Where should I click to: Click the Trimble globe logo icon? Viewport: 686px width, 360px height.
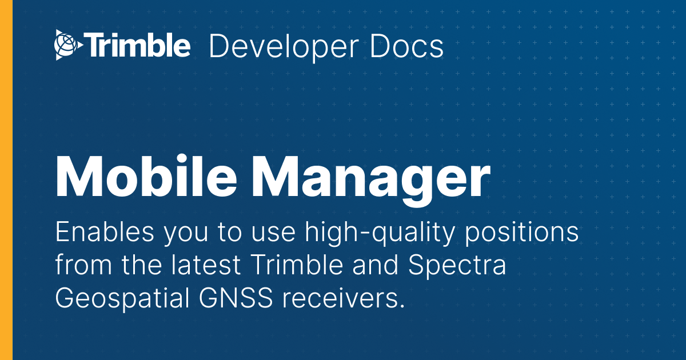click(x=69, y=45)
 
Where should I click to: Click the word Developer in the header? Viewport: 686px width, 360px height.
click(x=284, y=47)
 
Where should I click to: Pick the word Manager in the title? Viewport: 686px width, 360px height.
click(x=371, y=181)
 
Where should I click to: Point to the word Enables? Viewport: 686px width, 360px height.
click(x=105, y=232)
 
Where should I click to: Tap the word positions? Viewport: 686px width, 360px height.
click(x=522, y=234)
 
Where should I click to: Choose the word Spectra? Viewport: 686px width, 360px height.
click(x=457, y=266)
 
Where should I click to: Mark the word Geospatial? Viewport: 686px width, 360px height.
click(x=122, y=299)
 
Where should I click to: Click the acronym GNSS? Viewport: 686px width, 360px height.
click(x=236, y=297)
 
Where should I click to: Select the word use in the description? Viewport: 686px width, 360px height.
click(x=273, y=234)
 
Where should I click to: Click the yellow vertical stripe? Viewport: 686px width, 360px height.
click(x=6, y=180)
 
